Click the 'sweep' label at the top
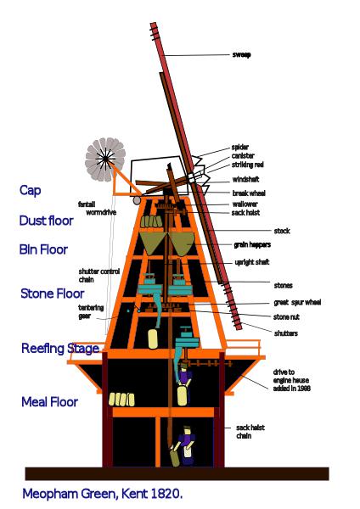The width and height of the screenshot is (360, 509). (x=241, y=54)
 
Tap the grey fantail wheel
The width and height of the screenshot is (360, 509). (x=105, y=159)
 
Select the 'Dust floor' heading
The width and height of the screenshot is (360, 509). (x=46, y=221)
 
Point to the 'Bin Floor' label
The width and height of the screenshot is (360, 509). (x=43, y=249)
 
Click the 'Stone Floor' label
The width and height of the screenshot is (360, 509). (x=53, y=294)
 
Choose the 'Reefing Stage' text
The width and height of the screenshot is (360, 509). (x=60, y=349)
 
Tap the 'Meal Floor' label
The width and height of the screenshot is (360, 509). (x=49, y=402)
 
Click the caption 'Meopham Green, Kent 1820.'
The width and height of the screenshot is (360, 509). (x=103, y=494)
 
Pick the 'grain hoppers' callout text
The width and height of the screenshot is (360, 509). (x=252, y=245)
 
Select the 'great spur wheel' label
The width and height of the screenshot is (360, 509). (x=297, y=302)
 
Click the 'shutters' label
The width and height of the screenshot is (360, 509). (x=286, y=333)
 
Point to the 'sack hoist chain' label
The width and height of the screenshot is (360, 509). (x=250, y=432)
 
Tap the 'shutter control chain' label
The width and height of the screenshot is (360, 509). (x=99, y=275)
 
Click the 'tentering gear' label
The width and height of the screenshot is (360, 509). (x=91, y=311)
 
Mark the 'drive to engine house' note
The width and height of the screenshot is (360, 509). (x=291, y=380)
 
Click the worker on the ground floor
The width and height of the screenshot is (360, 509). (x=186, y=445)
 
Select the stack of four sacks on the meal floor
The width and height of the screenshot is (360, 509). (x=121, y=400)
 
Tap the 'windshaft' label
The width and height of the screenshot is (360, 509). (x=245, y=179)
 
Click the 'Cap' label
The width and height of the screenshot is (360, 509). (x=31, y=191)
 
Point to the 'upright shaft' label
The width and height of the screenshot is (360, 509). (x=252, y=262)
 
